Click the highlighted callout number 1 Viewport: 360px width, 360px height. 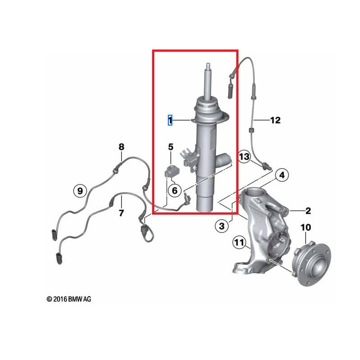point(170,120)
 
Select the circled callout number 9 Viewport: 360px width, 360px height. point(80,191)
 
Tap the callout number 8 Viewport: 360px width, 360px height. point(121,147)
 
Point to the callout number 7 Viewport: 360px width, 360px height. point(121,213)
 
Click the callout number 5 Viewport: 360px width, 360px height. point(171,147)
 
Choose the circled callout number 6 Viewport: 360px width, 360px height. point(175,190)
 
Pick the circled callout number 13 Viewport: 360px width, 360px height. point(244,157)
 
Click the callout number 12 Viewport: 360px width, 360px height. point(275,120)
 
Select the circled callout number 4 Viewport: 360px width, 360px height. point(281,175)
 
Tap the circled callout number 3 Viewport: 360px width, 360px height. point(221,226)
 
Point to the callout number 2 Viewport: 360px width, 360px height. point(308,210)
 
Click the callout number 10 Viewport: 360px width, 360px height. point(306,228)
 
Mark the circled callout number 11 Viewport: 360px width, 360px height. point(239,243)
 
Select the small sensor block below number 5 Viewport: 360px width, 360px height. point(171,171)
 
